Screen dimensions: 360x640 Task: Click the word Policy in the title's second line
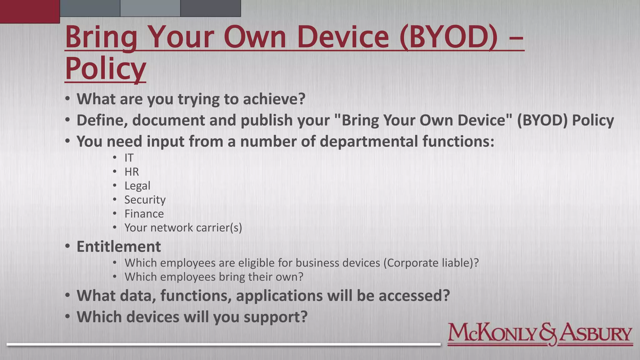pyautogui.click(x=105, y=68)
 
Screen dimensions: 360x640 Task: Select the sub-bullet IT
pyautogui.click(x=129, y=158)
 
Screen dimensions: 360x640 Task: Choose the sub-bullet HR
pyautogui.click(x=132, y=172)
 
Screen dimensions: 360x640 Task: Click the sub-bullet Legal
pyautogui.click(x=137, y=186)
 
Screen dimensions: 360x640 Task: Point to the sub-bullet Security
pyautogui.click(x=145, y=200)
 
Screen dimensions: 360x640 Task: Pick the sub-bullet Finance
pyautogui.click(x=144, y=214)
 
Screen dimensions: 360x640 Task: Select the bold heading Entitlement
pyautogui.click(x=119, y=247)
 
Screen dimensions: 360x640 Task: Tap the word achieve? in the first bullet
pyautogui.click(x=274, y=99)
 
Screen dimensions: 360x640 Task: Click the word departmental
pyautogui.click(x=369, y=141)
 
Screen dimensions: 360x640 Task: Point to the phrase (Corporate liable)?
pyautogui.click(x=431, y=263)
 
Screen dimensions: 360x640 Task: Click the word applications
pyautogui.click(x=279, y=296)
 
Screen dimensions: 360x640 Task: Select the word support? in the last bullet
pyautogui.click(x=276, y=317)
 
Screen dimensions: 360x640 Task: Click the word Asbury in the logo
pyautogui.click(x=595, y=334)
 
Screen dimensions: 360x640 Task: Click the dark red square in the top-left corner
pyautogui.click(x=30, y=12)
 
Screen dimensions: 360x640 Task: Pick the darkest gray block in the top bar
pyautogui.click(x=211, y=8)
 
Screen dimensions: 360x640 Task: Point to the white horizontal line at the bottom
pyautogui.click(x=223, y=344)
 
